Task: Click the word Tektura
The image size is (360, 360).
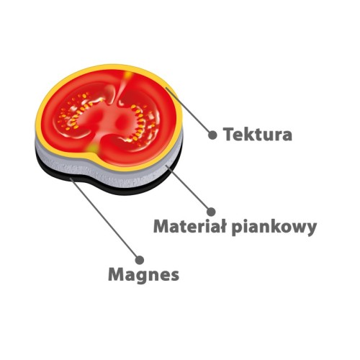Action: (258, 134)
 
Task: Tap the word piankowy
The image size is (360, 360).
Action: (274, 228)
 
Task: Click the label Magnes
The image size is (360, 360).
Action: (144, 275)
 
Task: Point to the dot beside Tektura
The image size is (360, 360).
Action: (212, 135)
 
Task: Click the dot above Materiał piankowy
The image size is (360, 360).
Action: (211, 212)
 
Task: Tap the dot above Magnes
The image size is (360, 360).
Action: (140, 260)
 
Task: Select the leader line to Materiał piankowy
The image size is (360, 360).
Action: (188, 188)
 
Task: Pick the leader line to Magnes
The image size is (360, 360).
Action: (104, 218)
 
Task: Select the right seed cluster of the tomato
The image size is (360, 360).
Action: (142, 122)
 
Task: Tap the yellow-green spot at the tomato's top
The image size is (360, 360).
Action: (127, 75)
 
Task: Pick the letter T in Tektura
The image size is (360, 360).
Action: (228, 134)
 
